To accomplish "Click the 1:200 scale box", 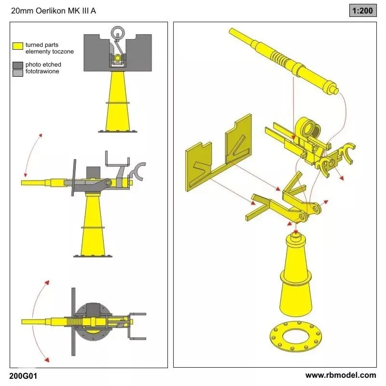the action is click(x=363, y=11).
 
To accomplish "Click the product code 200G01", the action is click(x=23, y=376).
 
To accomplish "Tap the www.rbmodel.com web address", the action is click(x=341, y=375).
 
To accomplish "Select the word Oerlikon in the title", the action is click(x=51, y=11).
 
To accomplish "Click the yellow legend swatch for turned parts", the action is click(x=18, y=46).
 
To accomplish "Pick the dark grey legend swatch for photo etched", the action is click(x=18, y=65).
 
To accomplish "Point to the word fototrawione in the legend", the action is click(x=42, y=71).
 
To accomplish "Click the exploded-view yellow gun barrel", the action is click(x=284, y=61).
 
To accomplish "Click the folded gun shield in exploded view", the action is click(x=219, y=152).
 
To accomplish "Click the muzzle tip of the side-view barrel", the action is click(x=22, y=183).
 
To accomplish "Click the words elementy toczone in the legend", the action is click(x=50, y=52).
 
